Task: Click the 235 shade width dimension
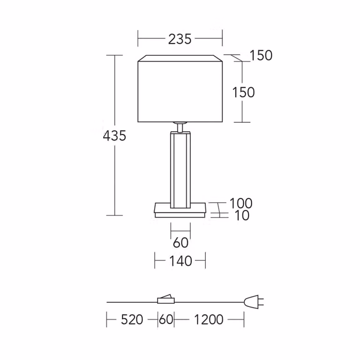point(180,39)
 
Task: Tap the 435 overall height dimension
point(114,135)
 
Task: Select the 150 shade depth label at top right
point(261,55)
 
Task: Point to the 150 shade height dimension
point(243,92)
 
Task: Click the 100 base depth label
point(241,203)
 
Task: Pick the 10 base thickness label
point(242,216)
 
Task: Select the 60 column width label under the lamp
point(180,242)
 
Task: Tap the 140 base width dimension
point(180,261)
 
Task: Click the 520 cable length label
point(132,319)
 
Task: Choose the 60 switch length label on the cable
point(166,319)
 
